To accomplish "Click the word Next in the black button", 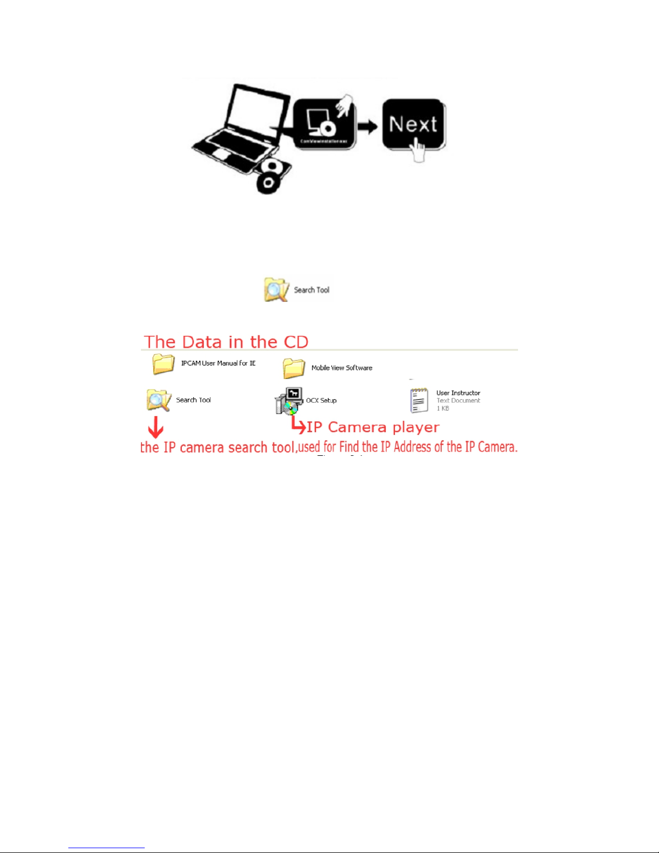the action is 413,124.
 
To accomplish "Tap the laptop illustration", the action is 242,129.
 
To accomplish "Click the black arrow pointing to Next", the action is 368,127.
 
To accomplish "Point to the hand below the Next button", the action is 417,150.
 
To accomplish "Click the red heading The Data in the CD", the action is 226,342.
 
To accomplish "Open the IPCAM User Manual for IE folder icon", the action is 163,364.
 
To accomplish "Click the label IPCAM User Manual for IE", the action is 218,363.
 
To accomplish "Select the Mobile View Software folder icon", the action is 294,368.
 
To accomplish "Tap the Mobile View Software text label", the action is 342,368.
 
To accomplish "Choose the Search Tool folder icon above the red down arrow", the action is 158,400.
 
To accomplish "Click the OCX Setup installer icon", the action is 289,401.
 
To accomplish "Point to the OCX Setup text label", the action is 321,400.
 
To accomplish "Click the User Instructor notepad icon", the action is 419,400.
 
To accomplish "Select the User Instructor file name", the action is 458,393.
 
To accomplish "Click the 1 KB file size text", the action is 443,408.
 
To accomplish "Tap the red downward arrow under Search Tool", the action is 155,427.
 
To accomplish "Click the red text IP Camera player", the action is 373,427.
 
